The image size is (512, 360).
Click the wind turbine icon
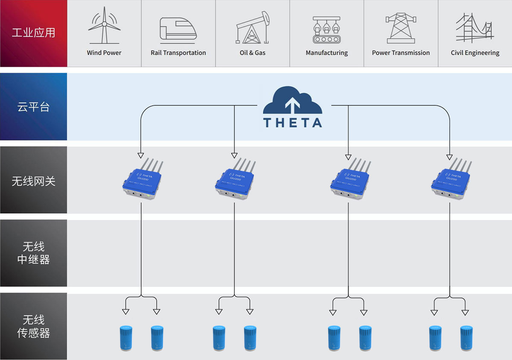pyautogui.click(x=104, y=27)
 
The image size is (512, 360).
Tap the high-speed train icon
pyautogui.click(x=178, y=29)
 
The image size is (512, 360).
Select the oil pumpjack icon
pyautogui.click(x=253, y=27)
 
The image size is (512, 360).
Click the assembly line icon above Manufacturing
pyautogui.click(x=327, y=29)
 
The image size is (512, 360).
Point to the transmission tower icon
pyautogui.click(x=401, y=28)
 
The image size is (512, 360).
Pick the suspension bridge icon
pyautogui.click(x=474, y=28)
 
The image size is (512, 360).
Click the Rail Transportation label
pyautogui.click(x=178, y=53)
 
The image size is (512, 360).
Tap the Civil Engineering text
pyautogui.click(x=475, y=53)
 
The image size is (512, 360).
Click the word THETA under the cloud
pyautogui.click(x=293, y=123)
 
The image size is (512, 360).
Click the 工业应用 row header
pyautogui.click(x=33, y=33)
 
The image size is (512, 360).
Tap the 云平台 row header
pyautogui.click(x=33, y=107)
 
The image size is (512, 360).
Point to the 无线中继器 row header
pyautogui.click(x=33, y=253)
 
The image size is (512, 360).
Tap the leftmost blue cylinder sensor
pyautogui.click(x=125, y=338)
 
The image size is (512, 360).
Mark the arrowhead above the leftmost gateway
pyautogui.click(x=140, y=155)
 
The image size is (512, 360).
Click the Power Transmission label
pyautogui.click(x=401, y=53)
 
